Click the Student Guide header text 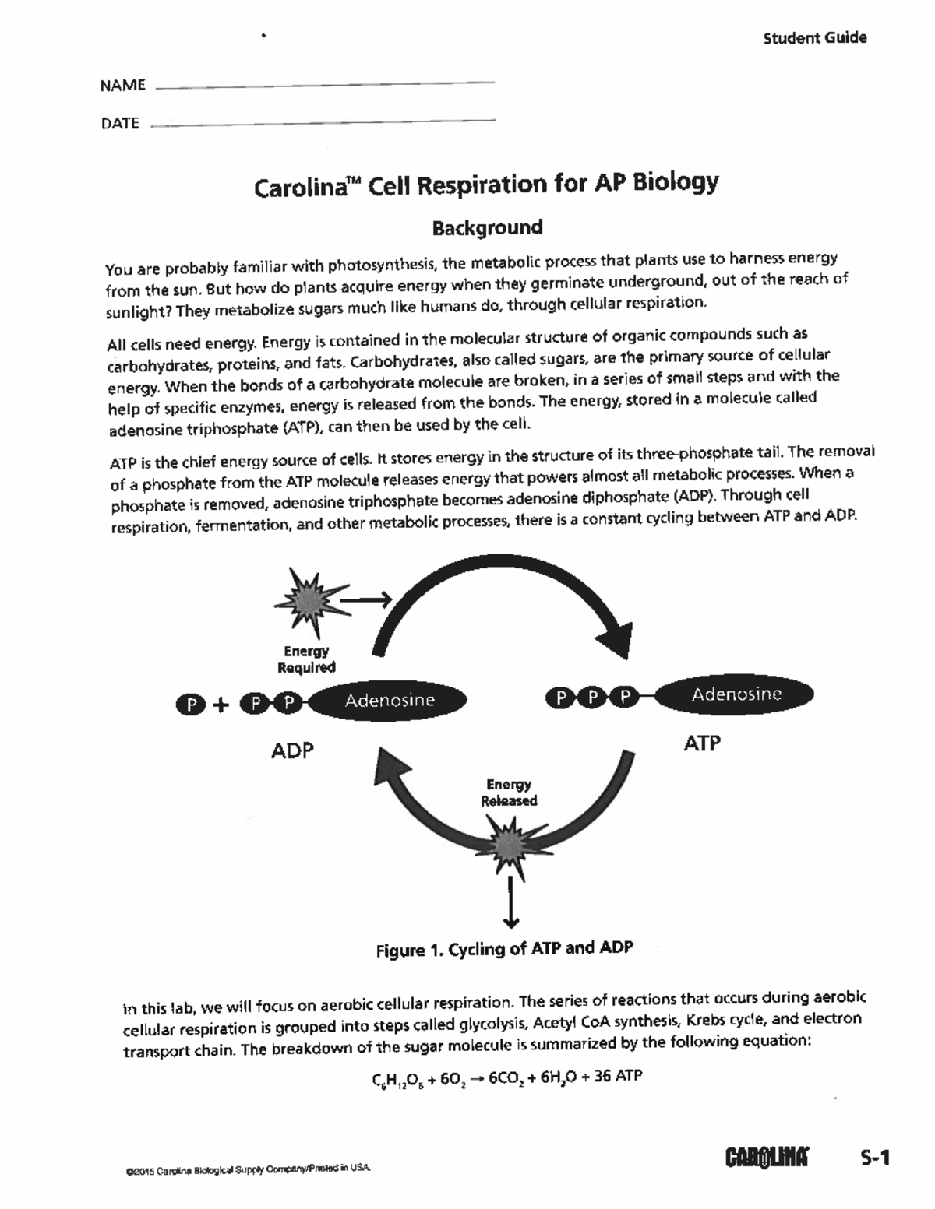point(814,38)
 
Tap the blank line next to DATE point(322,123)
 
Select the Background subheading point(488,228)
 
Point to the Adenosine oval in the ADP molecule point(390,700)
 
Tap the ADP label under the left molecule point(292,750)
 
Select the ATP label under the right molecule point(701,743)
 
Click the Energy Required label point(306,659)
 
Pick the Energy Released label point(509,793)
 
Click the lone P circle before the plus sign point(191,705)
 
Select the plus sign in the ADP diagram point(221,705)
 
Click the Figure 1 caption point(504,949)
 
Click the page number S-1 point(874,1158)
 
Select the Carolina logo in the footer point(767,1158)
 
